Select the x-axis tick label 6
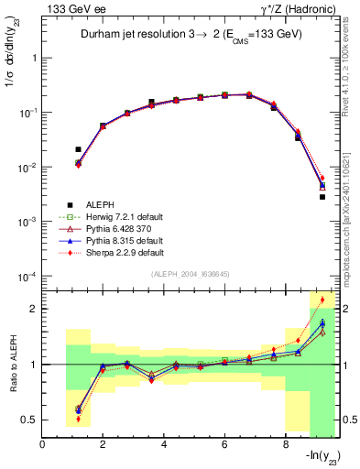click(224, 446)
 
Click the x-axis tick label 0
click(43, 446)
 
